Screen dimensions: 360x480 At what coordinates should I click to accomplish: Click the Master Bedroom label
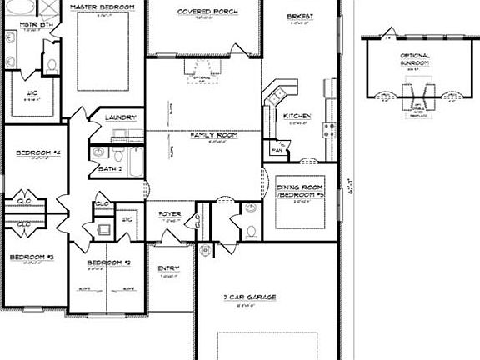[x=103, y=7]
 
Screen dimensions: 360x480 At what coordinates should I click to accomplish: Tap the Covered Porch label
[x=207, y=12]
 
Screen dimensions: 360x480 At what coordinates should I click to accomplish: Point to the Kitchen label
[x=297, y=116]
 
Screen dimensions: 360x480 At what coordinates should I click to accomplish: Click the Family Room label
[x=213, y=135]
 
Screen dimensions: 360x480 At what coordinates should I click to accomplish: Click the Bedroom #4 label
[x=33, y=153]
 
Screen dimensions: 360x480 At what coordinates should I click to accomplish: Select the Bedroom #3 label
[x=32, y=257]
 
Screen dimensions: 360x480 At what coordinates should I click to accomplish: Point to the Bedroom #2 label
[x=109, y=263]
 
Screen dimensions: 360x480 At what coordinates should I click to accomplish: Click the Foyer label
[x=170, y=214]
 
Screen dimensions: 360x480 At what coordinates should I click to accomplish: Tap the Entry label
[x=169, y=268]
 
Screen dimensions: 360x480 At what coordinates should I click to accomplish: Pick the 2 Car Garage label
[x=249, y=297]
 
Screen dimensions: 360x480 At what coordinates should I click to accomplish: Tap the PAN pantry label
[x=277, y=151]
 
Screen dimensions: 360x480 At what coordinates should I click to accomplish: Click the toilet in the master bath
[x=52, y=63]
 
